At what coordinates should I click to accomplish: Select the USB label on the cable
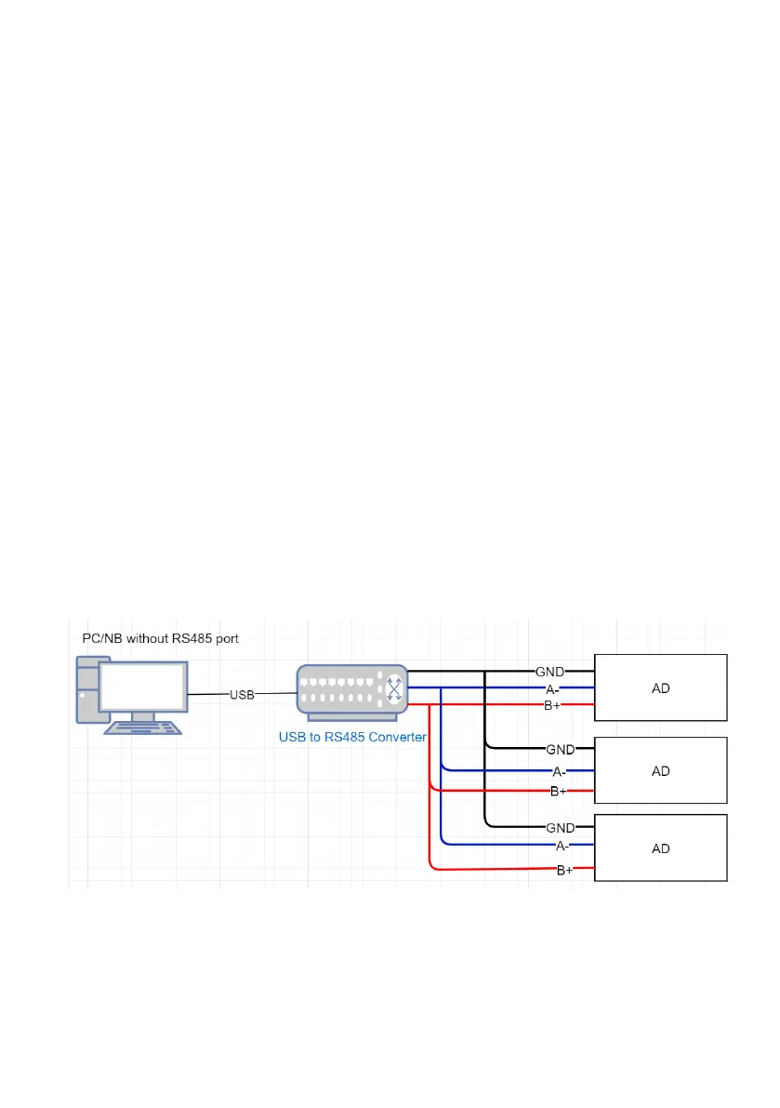243,694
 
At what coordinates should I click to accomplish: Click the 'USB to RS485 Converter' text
352,737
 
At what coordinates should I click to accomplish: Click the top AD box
660,687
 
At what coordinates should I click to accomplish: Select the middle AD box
660,770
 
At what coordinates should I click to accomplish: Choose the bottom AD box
660,848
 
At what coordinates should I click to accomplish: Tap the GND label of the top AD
549,671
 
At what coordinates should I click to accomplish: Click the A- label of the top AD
552,688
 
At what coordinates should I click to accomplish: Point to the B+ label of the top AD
552,706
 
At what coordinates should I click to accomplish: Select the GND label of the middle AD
560,749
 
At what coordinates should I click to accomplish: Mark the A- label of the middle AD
560,771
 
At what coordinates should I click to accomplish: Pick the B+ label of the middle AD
559,792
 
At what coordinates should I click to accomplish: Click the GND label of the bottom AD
560,827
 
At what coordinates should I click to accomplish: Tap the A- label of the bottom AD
562,845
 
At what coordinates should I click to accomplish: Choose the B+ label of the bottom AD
564,870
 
